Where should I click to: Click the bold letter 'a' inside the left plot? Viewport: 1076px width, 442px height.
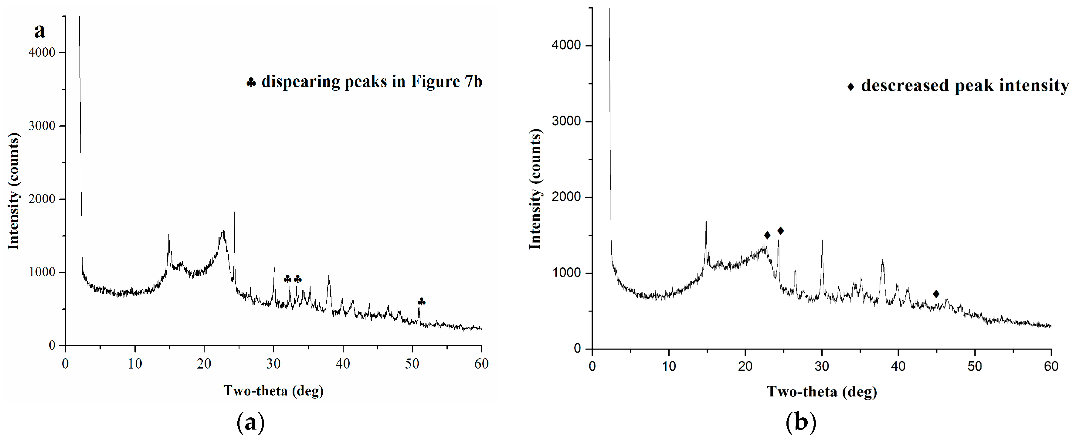click(x=40, y=30)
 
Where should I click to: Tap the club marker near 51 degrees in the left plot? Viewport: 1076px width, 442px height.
click(x=422, y=302)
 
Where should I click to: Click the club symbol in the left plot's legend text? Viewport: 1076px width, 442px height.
click(x=251, y=83)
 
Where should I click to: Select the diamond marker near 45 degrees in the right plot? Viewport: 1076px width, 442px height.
click(x=936, y=294)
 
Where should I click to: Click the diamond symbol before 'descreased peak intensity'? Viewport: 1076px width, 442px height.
click(x=850, y=87)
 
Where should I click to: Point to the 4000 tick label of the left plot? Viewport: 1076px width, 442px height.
click(x=42, y=53)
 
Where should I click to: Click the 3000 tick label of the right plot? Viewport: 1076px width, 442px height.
click(x=566, y=121)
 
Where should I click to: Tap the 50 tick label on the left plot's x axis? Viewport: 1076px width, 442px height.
click(x=412, y=364)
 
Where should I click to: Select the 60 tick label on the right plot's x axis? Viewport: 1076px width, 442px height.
click(x=1051, y=366)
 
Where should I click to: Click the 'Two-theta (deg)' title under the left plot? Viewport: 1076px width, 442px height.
click(x=273, y=391)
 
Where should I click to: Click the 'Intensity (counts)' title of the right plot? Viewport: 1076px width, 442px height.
click(x=535, y=189)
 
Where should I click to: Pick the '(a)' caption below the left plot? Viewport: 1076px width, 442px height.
click(x=251, y=423)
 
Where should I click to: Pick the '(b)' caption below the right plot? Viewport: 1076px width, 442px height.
click(x=800, y=423)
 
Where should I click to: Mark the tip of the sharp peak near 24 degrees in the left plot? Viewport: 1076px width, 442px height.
click(x=234, y=212)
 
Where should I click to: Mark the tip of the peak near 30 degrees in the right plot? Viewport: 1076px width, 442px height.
click(x=822, y=240)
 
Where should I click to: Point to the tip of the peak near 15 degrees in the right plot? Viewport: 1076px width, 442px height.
click(x=706, y=218)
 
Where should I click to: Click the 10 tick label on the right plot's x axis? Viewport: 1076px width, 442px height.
click(x=669, y=366)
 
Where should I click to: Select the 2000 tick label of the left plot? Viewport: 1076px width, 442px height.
click(x=42, y=199)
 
